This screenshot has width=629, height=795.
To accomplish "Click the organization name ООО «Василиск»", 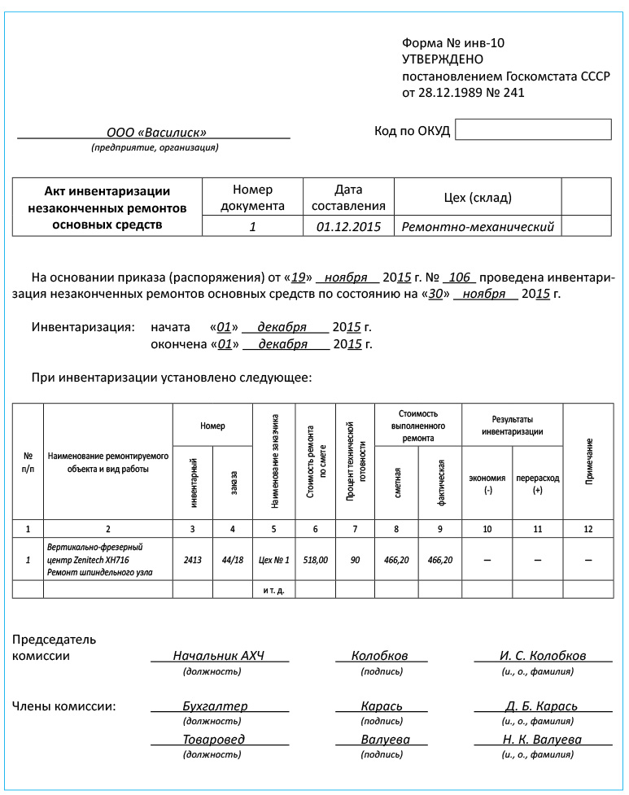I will tap(156, 132).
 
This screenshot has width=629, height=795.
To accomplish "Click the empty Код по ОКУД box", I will tap(533, 129).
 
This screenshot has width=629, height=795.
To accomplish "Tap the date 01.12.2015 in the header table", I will tap(348, 226).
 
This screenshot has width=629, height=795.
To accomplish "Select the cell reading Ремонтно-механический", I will tap(478, 226).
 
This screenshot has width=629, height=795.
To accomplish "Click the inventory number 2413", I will tap(193, 560).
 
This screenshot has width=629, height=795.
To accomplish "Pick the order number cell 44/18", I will tap(233, 560).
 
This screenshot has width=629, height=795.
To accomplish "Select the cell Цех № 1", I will tap(273, 560).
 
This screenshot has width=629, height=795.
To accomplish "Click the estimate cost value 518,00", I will tap(315, 560).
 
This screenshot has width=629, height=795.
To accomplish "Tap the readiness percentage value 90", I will tap(355, 560).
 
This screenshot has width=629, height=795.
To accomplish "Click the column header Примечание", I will tap(588, 461).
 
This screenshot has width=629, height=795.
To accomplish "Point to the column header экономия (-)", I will tap(487, 484).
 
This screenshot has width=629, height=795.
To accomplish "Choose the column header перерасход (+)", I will tap(537, 484).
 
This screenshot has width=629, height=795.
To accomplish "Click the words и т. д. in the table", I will tap(273, 589).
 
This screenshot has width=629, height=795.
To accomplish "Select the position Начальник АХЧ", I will tap(219, 655).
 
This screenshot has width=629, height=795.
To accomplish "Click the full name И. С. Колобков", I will tap(543, 655).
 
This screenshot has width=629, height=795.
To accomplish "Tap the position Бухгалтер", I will tap(215, 705).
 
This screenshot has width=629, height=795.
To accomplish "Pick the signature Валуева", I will tap(385, 739).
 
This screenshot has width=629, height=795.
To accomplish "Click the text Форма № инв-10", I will tap(459, 42).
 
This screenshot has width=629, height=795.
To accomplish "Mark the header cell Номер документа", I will tap(252, 198).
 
